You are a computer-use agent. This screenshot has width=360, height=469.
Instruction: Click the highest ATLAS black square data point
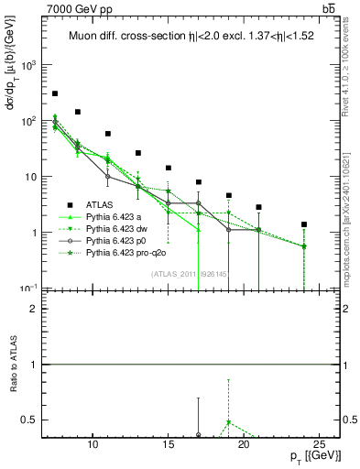pyautogui.click(x=55, y=93)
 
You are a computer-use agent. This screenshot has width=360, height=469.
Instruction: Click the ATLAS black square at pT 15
pyautogui.click(x=169, y=168)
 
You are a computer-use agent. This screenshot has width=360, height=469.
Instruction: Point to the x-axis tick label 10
pyautogui.click(x=93, y=445)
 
